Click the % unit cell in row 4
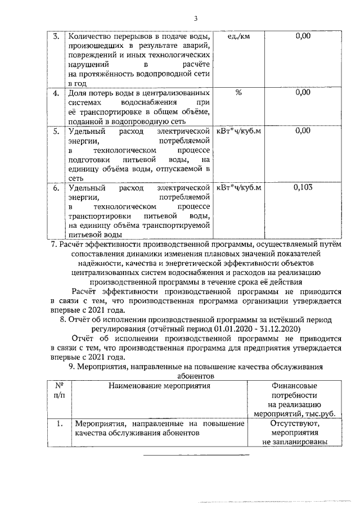pos(238,93)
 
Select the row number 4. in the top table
pos(56,93)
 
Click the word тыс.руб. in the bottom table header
pos(319,413)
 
